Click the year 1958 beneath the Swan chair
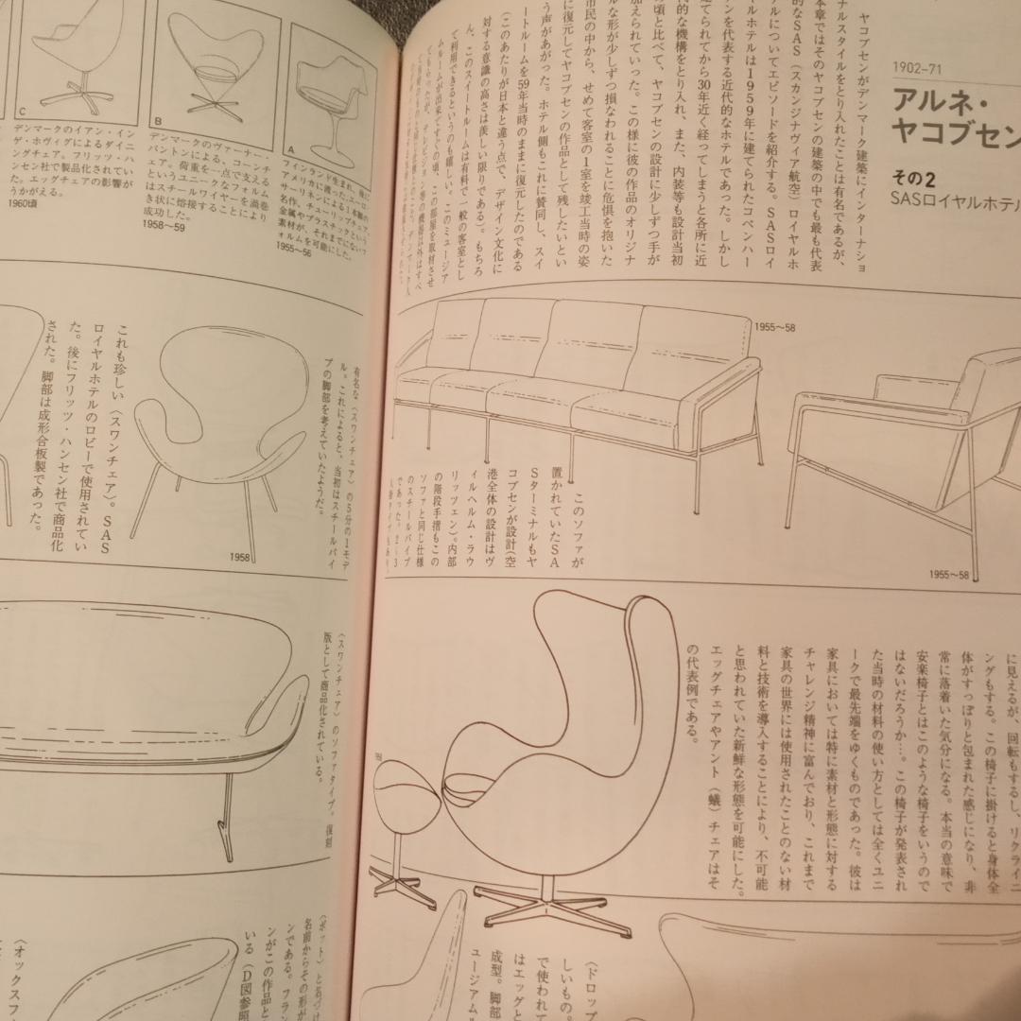pyautogui.click(x=238, y=557)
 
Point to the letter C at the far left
pyautogui.click(x=21, y=112)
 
